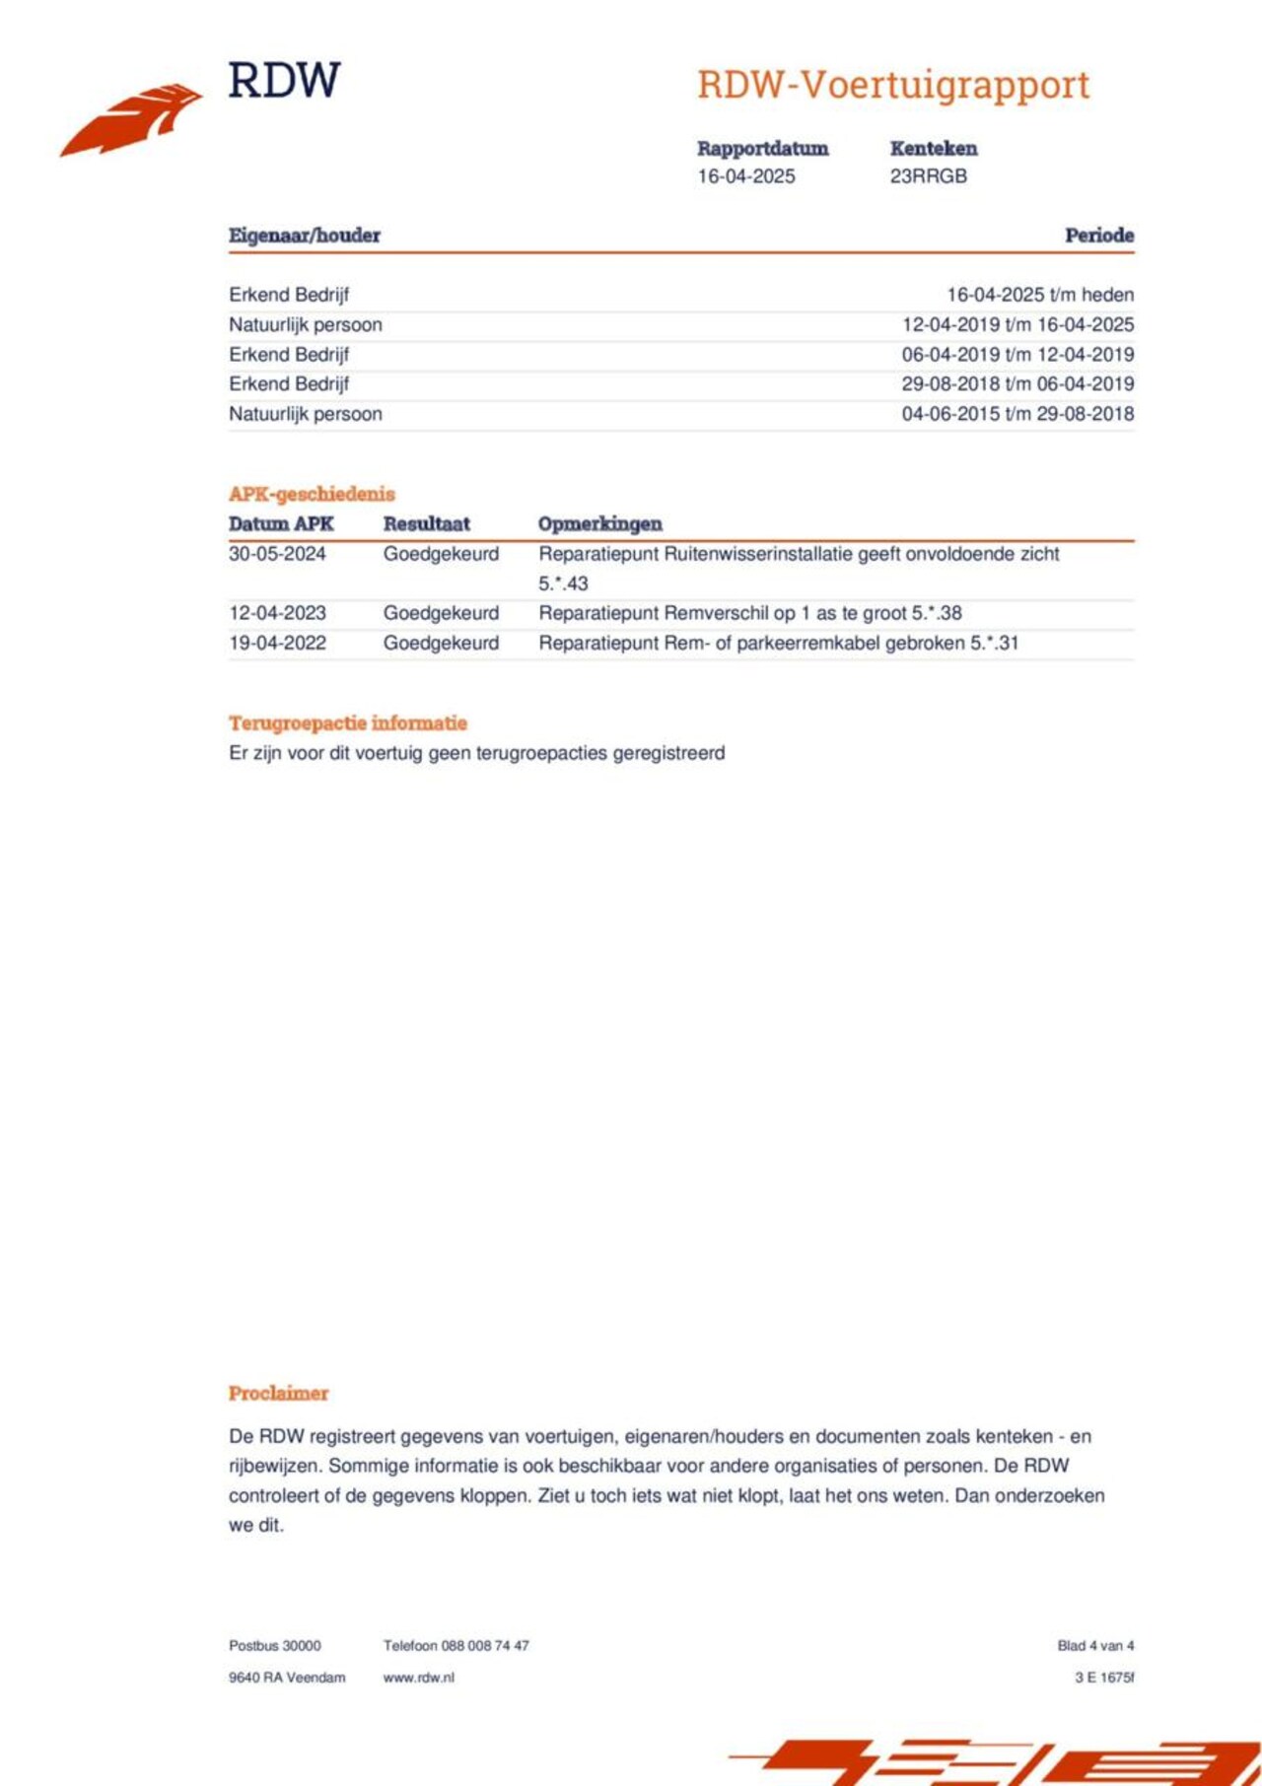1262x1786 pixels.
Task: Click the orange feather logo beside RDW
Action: click(x=131, y=119)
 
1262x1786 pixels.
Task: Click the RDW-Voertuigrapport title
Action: click(x=892, y=86)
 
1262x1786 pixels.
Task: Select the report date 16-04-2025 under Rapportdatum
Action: click(x=745, y=176)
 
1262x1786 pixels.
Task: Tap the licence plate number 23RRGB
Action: click(x=928, y=176)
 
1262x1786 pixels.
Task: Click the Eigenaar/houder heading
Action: click(x=304, y=236)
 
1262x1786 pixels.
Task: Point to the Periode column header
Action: click(x=1098, y=236)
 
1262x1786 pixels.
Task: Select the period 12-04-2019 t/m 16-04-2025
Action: click(x=1017, y=324)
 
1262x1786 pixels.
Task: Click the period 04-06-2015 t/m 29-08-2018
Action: click(x=1017, y=414)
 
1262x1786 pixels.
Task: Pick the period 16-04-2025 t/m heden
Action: click(x=1039, y=295)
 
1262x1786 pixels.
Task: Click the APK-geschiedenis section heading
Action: click(x=312, y=494)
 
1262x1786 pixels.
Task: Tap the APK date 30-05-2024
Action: click(x=277, y=554)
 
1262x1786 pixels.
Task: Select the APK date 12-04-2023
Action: click(x=277, y=613)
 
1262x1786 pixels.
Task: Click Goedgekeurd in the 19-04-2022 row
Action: click(x=441, y=643)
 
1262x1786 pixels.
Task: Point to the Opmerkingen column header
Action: click(x=599, y=524)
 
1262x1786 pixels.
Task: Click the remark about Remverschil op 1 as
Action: click(x=749, y=613)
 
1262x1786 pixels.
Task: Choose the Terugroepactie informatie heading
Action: click(x=347, y=723)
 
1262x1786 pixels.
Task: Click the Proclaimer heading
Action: click(x=278, y=1394)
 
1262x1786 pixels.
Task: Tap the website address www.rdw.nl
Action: click(x=418, y=1678)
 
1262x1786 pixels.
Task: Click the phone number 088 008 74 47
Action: click(x=484, y=1646)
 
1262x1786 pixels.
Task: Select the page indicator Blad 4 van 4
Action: click(x=1094, y=1646)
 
